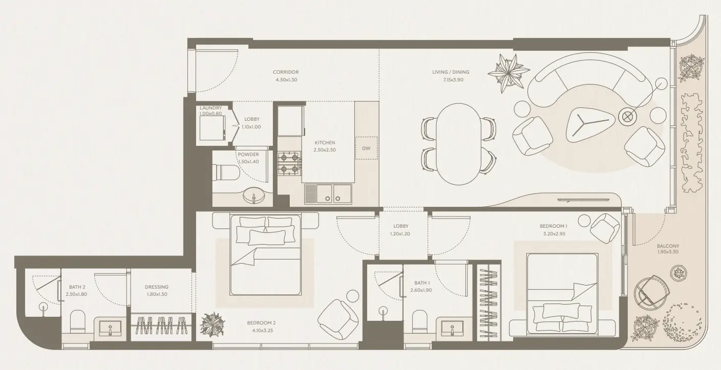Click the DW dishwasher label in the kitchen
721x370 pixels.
pos(366,148)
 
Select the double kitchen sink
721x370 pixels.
pos(328,193)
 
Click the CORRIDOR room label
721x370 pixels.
pos(286,72)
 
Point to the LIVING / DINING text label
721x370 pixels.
pos(451,72)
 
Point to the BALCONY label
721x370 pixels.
pos(668,246)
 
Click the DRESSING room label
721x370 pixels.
pos(156,287)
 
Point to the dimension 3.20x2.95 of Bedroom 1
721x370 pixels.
pos(553,233)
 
